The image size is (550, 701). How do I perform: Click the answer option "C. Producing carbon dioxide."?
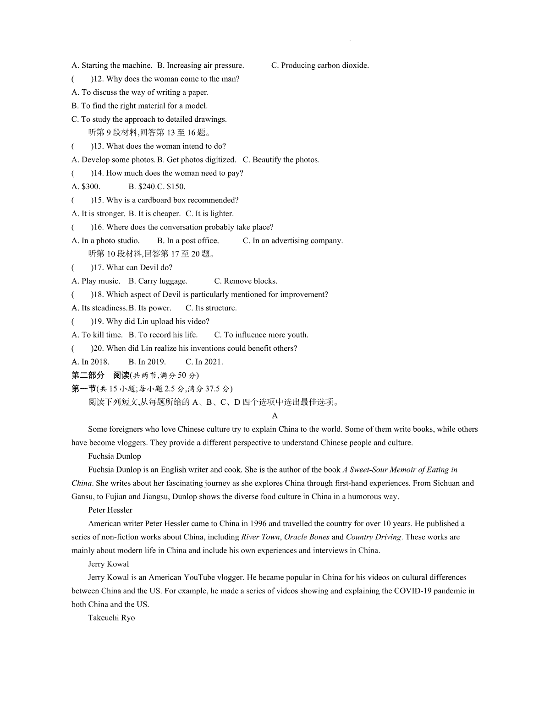click(320, 65)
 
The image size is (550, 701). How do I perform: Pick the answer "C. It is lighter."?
click(209, 214)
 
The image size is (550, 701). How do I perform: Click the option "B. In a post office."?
click(188, 241)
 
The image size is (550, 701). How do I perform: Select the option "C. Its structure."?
click(211, 308)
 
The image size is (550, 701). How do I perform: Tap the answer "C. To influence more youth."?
click(261, 335)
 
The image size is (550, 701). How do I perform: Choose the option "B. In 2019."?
click(147, 362)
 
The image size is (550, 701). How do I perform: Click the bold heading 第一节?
click(83, 389)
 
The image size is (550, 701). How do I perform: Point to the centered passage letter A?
click(275, 416)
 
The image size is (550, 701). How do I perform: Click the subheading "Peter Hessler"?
click(110, 510)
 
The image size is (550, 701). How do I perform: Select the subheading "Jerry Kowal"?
click(108, 564)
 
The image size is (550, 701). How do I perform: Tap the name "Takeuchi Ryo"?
click(111, 618)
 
